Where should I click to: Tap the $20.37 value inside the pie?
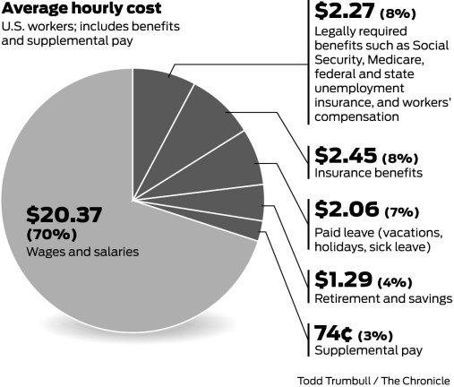[x=64, y=215]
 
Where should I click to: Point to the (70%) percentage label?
[x=51, y=235]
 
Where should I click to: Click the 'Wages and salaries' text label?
[x=82, y=253]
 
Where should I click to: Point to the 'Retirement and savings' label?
[x=381, y=297]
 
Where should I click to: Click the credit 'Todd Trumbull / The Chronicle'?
[x=374, y=379]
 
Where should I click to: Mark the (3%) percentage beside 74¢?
[x=377, y=335]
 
